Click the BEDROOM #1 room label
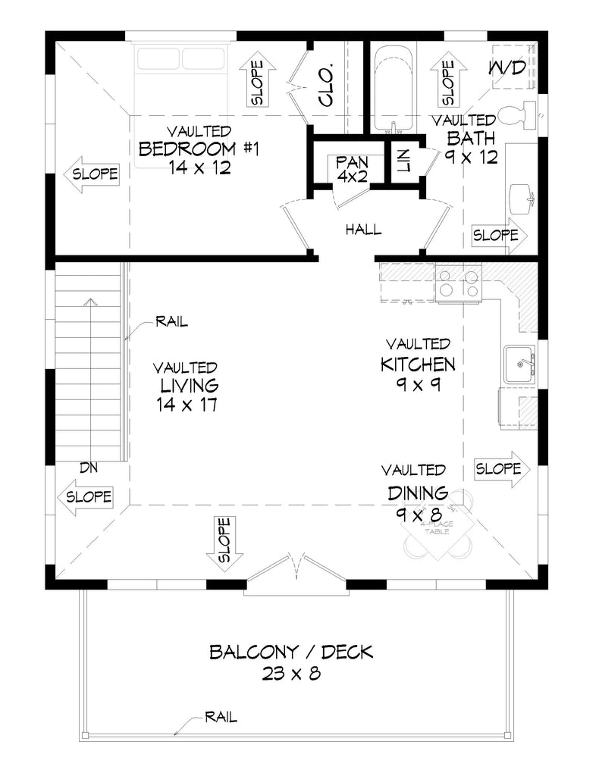[x=199, y=148]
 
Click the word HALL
[x=364, y=230]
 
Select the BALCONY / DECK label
[x=291, y=651]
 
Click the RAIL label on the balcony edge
[x=220, y=716]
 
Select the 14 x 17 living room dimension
[x=188, y=405]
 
